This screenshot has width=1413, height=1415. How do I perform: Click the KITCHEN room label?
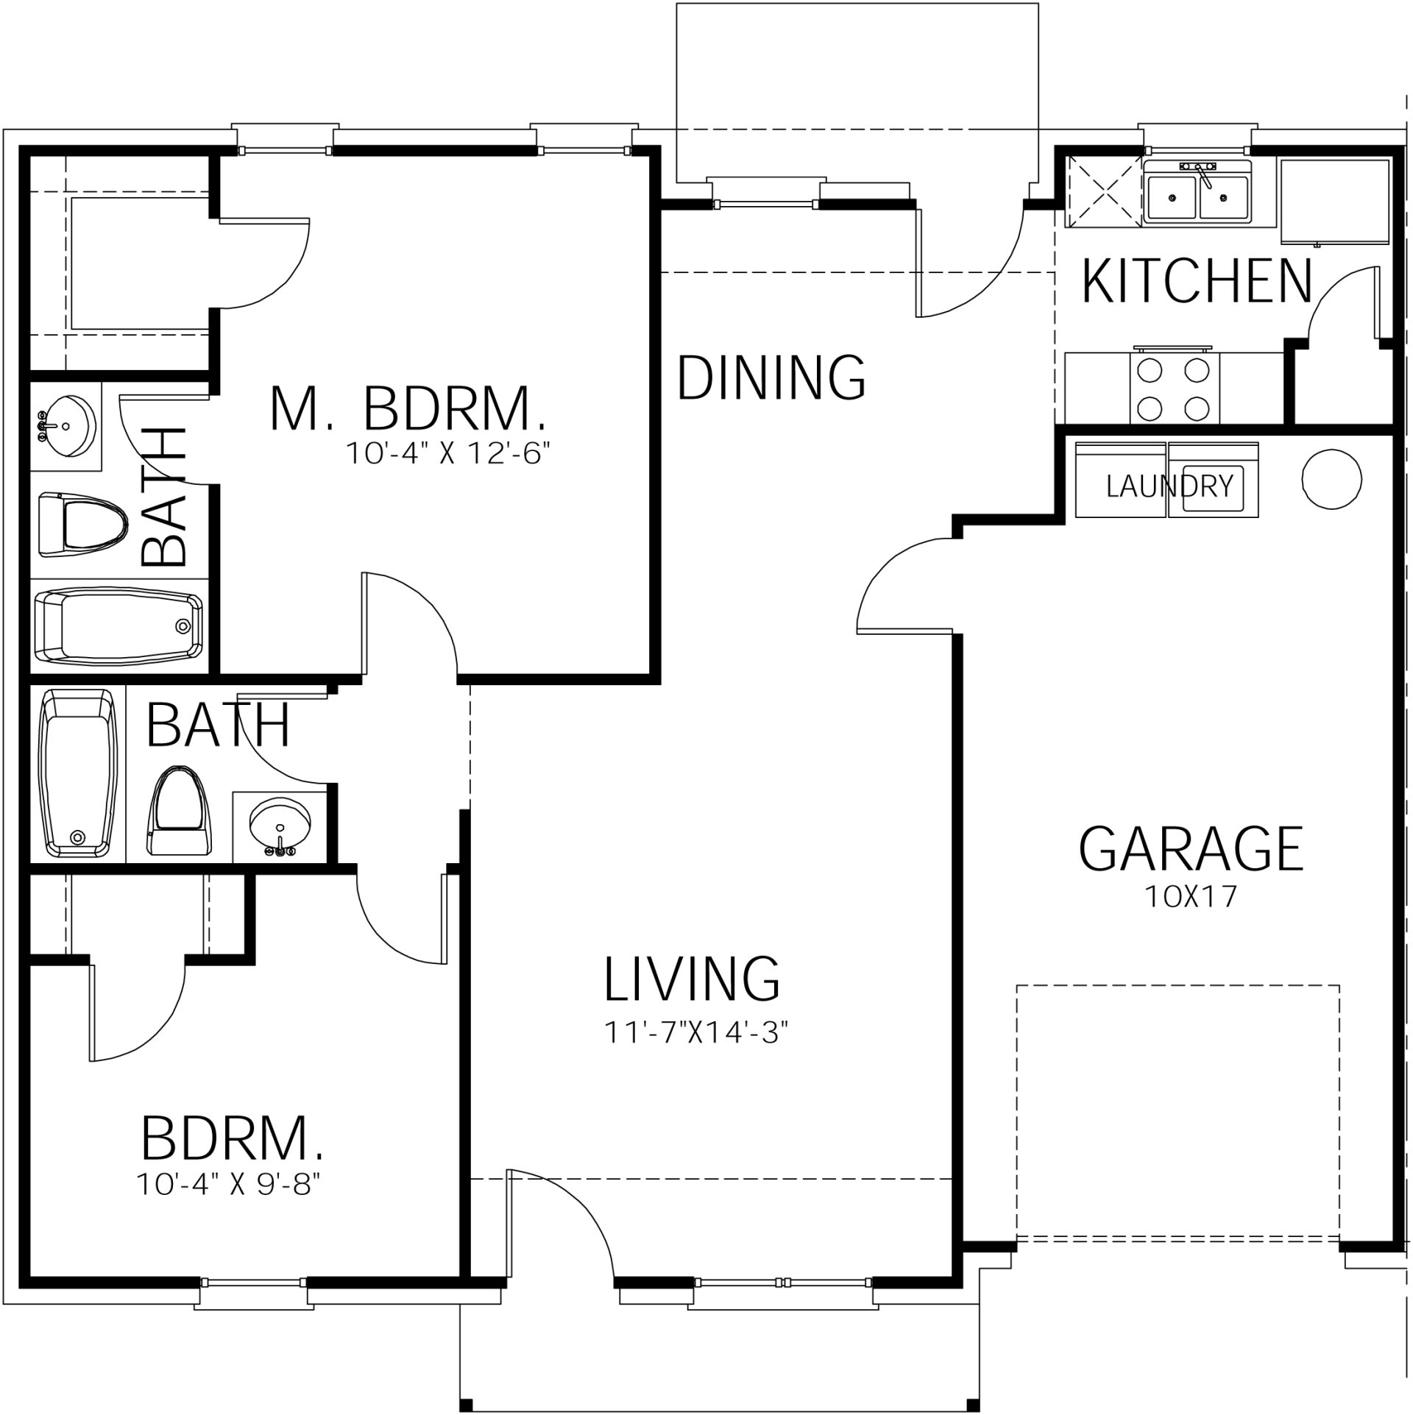click(1197, 281)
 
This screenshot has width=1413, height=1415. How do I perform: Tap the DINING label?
click(771, 377)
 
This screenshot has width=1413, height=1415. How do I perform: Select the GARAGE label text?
click(1190, 848)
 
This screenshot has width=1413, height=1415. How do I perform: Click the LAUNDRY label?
click(1169, 486)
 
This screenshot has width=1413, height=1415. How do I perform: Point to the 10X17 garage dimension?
click(1190, 896)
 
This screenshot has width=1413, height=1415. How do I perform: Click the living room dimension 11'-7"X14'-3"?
click(696, 1032)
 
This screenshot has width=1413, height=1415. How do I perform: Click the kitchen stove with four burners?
click(1173, 388)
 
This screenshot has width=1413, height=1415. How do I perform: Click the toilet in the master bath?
click(81, 525)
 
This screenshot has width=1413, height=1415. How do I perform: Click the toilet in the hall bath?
click(177, 811)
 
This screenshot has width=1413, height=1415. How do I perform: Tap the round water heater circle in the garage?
click(1331, 479)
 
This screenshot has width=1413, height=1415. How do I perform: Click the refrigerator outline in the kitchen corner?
click(1334, 201)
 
